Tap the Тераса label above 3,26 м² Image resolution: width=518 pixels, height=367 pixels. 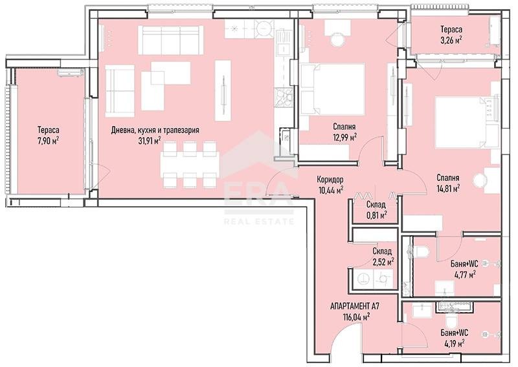point(451,30)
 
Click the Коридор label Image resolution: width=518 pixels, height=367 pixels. point(330,180)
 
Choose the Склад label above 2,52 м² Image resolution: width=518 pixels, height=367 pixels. point(382,251)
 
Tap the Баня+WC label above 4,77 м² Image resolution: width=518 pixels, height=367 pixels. point(464,263)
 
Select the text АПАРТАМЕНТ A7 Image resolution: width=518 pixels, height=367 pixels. point(355,306)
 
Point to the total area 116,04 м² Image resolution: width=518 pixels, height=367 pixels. point(356,317)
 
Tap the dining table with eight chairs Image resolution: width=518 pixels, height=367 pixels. point(188,163)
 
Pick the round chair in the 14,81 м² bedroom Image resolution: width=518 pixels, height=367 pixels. point(482,180)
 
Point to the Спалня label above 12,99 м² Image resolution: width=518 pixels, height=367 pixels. point(344,127)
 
